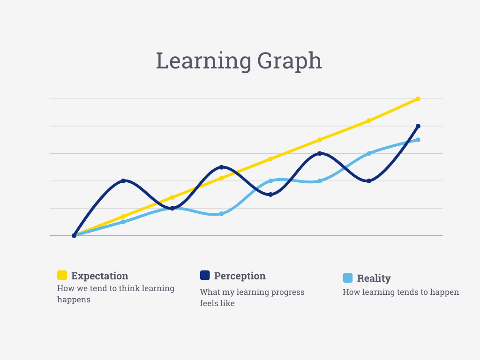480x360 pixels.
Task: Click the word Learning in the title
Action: pos(203,61)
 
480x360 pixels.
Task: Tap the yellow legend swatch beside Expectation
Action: pos(62,275)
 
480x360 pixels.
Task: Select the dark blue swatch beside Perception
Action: pos(205,275)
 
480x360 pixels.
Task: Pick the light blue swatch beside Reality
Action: pos(348,278)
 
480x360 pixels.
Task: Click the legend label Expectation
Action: pos(99,276)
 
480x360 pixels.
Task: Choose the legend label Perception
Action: pos(240,276)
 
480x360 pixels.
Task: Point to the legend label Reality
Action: pos(374,278)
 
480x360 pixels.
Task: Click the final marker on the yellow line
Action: pos(418,99)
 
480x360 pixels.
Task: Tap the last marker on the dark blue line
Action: pos(418,126)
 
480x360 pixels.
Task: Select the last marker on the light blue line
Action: pos(418,140)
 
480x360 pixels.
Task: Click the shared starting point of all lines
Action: pos(74,235)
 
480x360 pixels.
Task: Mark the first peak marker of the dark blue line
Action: pos(123,180)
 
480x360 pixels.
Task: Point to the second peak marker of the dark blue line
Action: pos(222,167)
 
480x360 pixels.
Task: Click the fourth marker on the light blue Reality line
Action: pos(222,214)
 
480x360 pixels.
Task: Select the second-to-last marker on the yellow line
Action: pos(369,120)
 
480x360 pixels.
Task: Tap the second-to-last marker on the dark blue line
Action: pos(369,181)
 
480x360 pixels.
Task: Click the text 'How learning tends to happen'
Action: pos(401,292)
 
